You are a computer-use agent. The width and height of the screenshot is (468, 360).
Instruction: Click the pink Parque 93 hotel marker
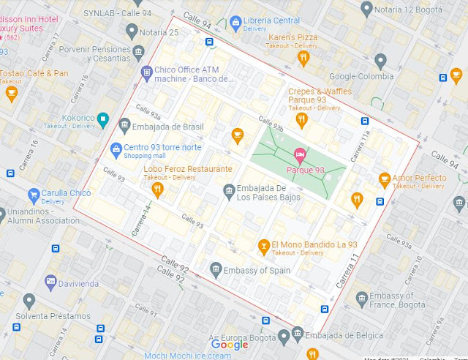298,154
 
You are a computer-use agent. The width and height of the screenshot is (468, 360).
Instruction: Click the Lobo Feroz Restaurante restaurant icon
156,190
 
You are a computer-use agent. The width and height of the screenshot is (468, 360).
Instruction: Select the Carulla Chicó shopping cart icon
33,195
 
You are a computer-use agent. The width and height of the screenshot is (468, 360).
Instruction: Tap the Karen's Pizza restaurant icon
303,57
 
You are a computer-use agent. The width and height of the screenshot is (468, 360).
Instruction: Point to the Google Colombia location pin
380,61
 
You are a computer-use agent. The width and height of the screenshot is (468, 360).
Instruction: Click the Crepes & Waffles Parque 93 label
320,96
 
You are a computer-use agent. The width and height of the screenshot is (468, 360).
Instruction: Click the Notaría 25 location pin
132,31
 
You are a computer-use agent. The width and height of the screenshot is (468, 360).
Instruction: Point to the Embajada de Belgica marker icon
297,334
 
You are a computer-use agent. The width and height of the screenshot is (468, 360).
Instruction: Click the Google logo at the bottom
230,345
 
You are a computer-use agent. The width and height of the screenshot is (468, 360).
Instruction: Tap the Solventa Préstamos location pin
29,300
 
